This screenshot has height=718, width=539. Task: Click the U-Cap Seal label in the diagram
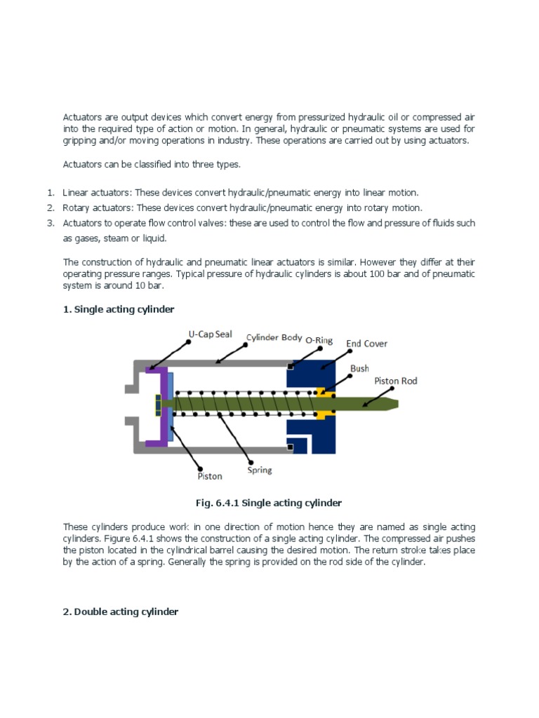[210, 334]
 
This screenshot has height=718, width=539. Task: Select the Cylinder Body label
[274, 337]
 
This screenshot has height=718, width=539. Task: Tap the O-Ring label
[319, 340]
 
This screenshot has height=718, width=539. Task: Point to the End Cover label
[366, 344]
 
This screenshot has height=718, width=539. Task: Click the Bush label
[359, 368]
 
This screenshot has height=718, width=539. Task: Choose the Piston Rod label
[395, 381]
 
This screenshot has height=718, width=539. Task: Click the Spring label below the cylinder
[259, 470]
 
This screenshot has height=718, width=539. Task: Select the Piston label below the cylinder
[209, 476]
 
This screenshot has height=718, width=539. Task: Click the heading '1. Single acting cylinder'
[119, 309]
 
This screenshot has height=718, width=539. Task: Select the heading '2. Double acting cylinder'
[121, 611]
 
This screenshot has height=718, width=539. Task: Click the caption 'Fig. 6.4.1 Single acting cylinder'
[269, 503]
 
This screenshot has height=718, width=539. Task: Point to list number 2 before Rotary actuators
[51, 208]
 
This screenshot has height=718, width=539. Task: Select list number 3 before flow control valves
[51, 223]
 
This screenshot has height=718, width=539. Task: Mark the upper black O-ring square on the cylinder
[290, 365]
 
